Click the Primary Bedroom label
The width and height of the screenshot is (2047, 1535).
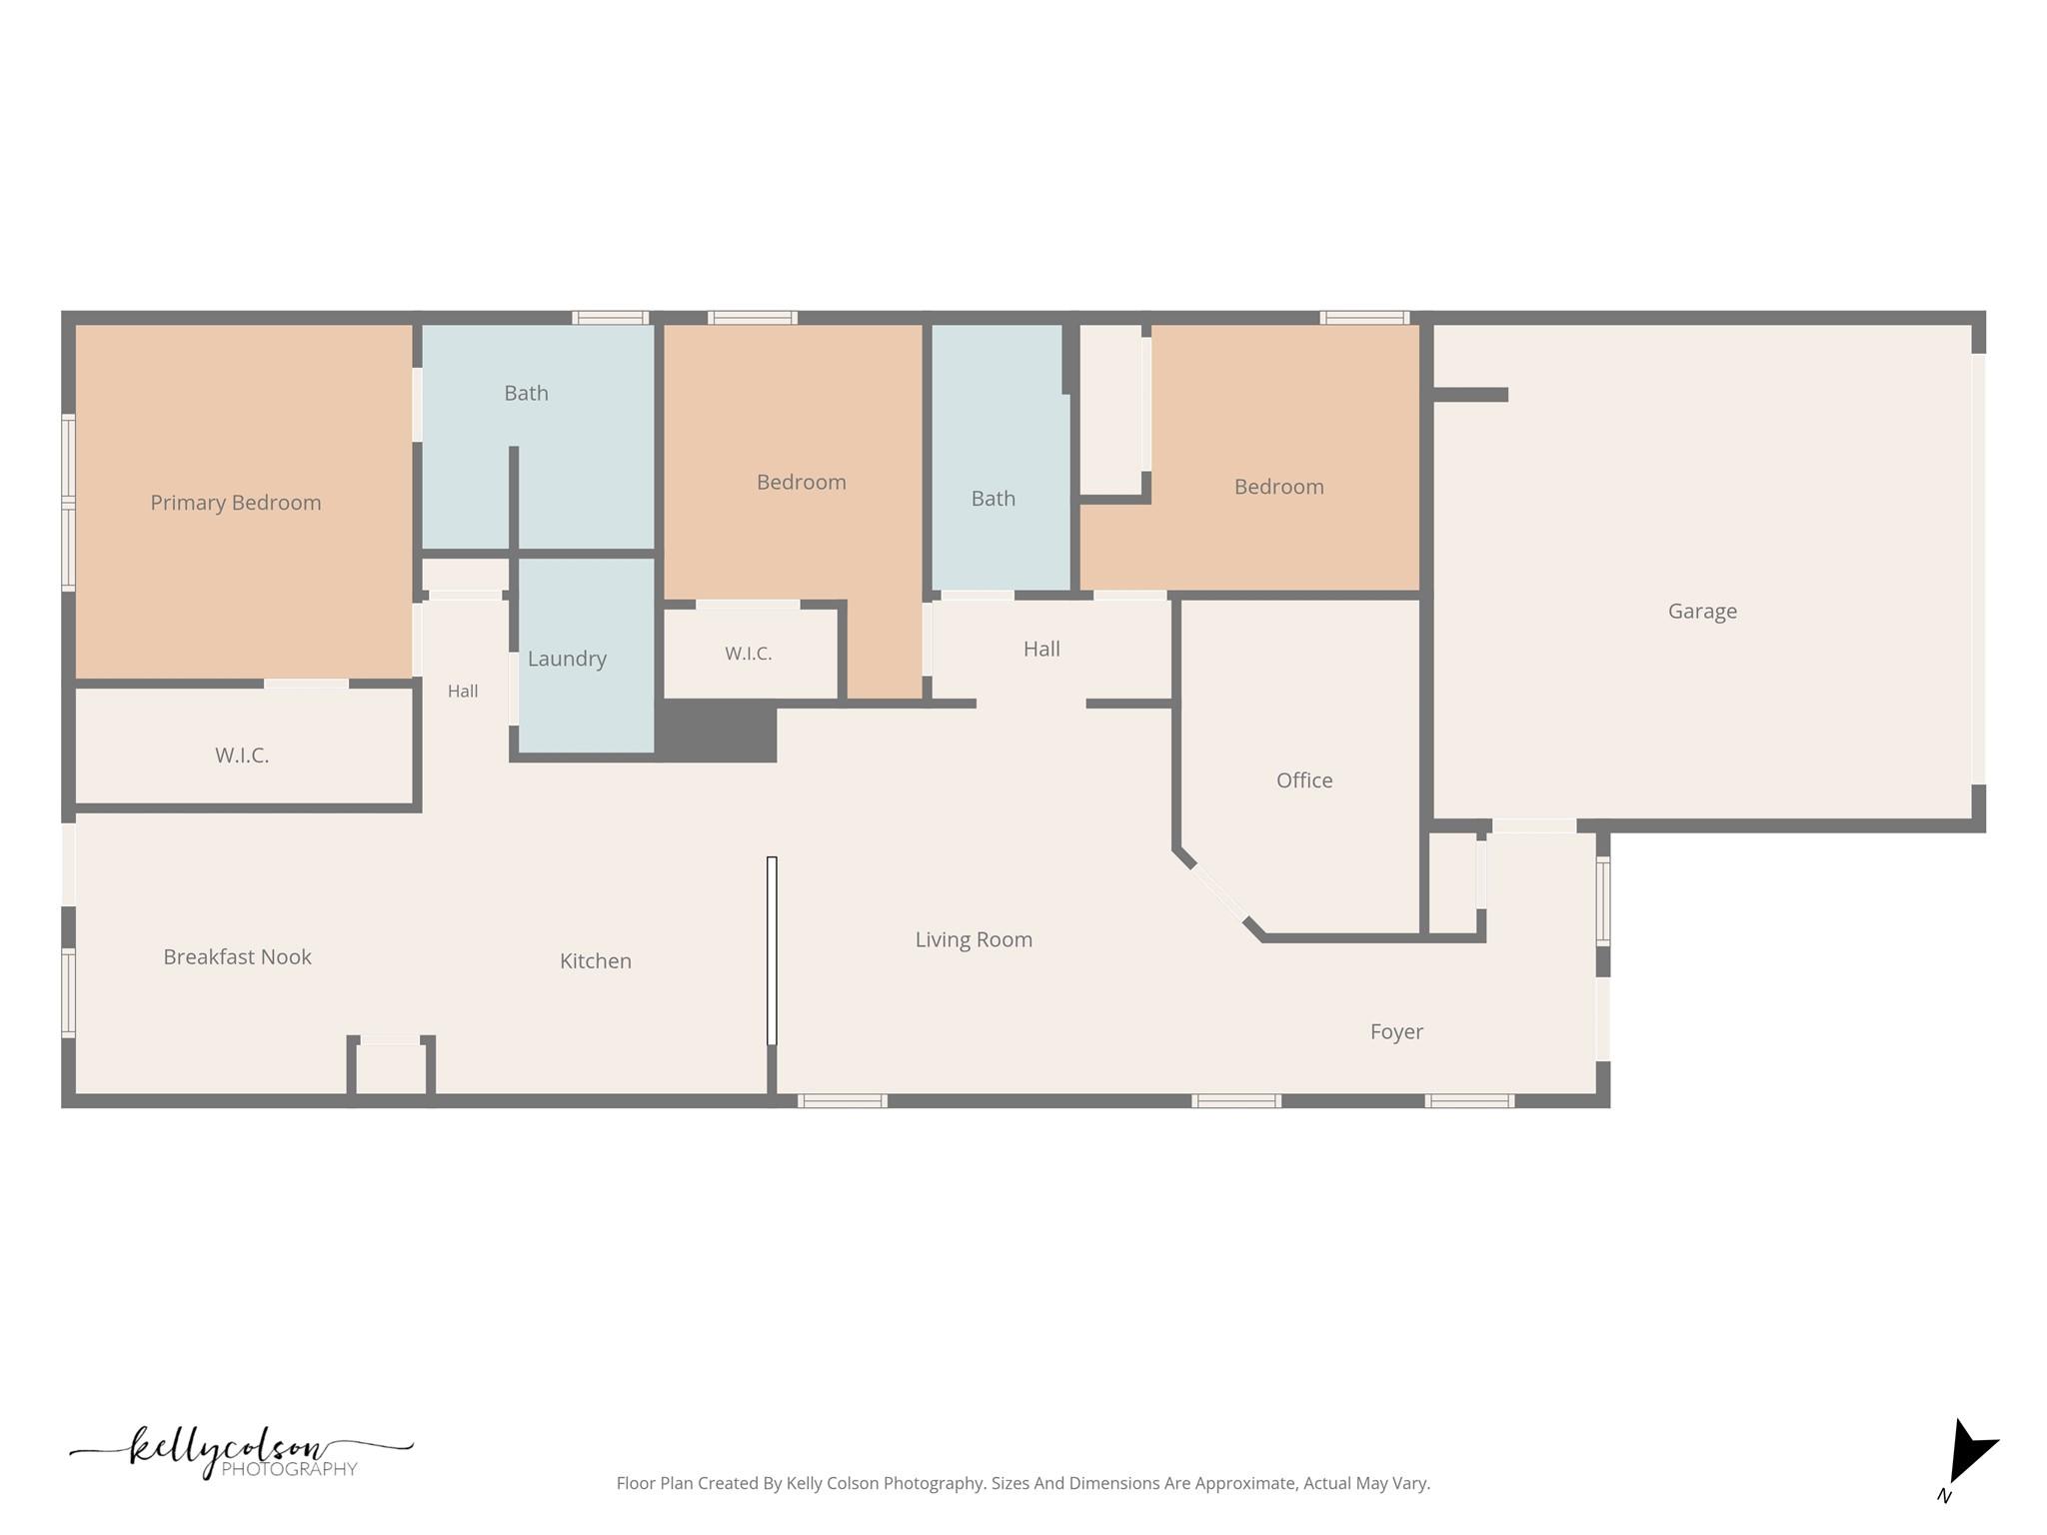(236, 503)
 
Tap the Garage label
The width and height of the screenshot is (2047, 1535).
(1702, 612)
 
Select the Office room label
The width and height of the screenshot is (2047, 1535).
(1304, 780)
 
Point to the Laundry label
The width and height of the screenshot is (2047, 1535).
(567, 660)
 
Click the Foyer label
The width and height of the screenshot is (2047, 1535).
(1396, 1032)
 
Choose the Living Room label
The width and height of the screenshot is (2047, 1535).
(974, 940)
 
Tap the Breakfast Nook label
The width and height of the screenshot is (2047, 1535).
(237, 957)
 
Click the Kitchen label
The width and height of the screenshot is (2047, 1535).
(596, 961)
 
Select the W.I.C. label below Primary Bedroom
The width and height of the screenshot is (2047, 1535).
(242, 756)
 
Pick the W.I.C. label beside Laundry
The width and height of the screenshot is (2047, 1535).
(749, 654)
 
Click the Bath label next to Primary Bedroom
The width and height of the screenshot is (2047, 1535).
(526, 394)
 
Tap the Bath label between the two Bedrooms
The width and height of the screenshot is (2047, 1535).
(994, 499)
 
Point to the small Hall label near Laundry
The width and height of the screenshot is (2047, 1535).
(463, 692)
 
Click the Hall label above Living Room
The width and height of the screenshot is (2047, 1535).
(1041, 650)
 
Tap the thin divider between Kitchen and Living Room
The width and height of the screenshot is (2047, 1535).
(772, 951)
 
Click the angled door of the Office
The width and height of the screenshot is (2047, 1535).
(1219, 893)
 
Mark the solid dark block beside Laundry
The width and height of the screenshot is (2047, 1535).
(717, 731)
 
